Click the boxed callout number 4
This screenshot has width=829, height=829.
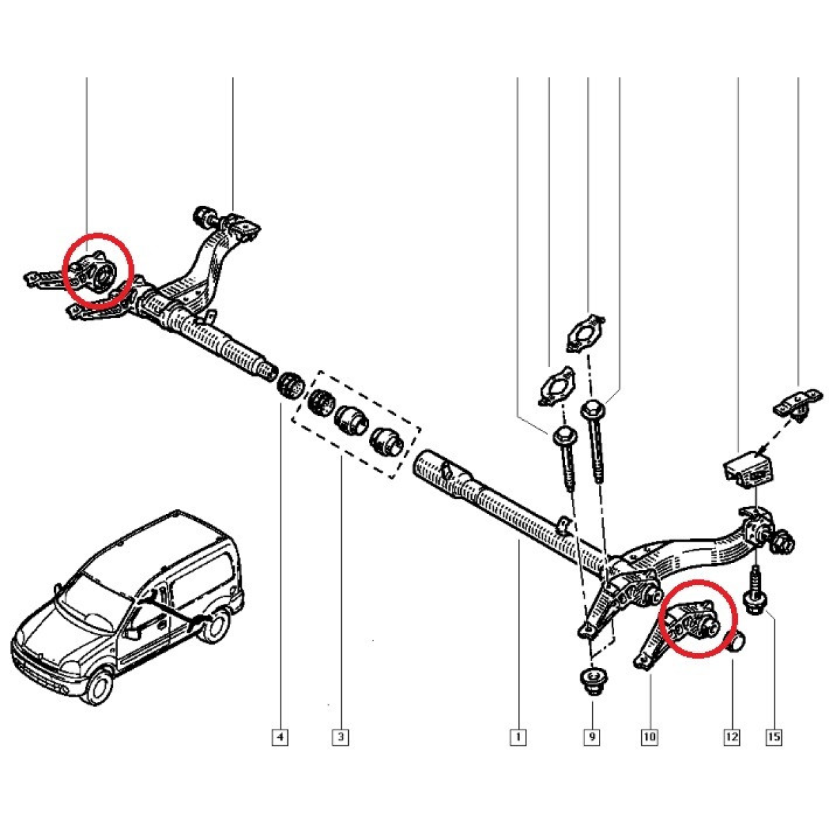tap(280, 737)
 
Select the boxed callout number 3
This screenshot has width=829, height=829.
tap(341, 737)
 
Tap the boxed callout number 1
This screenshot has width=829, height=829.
tap(518, 737)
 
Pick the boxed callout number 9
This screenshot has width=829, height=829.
tap(592, 737)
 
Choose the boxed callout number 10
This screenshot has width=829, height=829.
tap(649, 737)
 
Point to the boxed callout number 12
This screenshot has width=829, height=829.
tap(732, 737)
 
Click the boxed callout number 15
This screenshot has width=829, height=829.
tap(774, 737)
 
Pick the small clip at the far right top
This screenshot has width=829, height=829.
tap(798, 403)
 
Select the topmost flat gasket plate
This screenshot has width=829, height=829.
tap(584, 334)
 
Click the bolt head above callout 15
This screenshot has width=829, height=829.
tap(756, 605)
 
